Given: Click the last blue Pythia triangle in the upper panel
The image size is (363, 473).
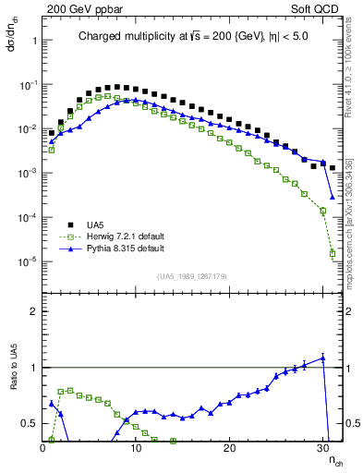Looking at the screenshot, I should click(x=333, y=197).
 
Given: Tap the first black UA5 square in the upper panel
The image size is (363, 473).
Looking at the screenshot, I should click(x=52, y=133).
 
